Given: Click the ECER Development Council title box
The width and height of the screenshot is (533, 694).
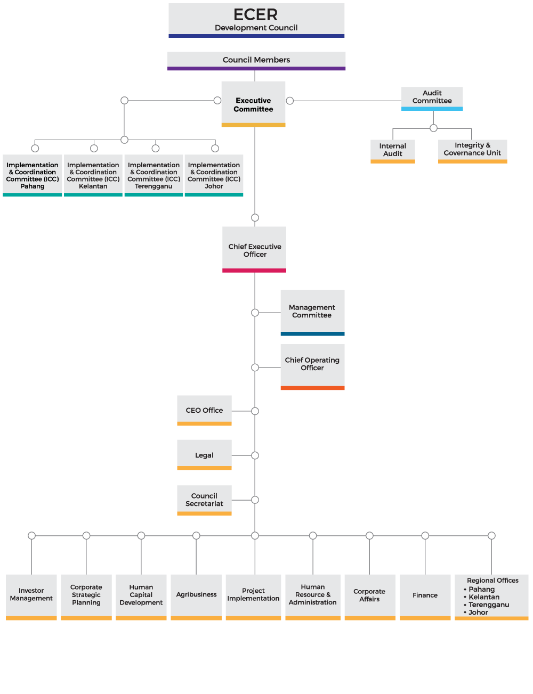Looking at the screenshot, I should point(256,20).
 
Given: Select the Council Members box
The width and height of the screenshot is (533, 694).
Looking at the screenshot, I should point(256,60).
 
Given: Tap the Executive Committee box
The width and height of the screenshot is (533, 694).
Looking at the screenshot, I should point(253,104).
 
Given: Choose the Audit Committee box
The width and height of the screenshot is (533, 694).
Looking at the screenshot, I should point(432,97).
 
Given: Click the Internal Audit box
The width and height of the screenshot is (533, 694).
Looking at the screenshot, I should point(393,150).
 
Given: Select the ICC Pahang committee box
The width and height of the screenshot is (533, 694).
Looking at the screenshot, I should point(33,175).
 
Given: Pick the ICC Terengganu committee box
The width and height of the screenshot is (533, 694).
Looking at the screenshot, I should point(154,175).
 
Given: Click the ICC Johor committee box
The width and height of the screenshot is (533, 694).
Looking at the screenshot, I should point(214,175).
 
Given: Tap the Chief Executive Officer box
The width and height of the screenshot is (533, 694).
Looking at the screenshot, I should point(254,249).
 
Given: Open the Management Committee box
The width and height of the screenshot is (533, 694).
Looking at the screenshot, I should point(312,312).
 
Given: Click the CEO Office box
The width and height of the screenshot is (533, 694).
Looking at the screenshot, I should point(204,410).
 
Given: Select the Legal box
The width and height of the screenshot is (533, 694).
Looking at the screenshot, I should point(204,455).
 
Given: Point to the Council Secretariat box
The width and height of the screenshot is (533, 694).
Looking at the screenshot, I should point(204,500).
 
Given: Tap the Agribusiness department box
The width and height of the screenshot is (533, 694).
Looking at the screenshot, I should point(196,595).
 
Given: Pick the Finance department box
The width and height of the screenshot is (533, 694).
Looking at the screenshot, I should point(425,595).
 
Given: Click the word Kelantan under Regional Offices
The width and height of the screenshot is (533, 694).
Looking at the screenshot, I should point(484,597).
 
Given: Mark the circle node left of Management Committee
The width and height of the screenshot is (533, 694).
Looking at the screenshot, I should point(255,313).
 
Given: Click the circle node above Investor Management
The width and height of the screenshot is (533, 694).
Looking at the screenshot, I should point(31,535).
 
